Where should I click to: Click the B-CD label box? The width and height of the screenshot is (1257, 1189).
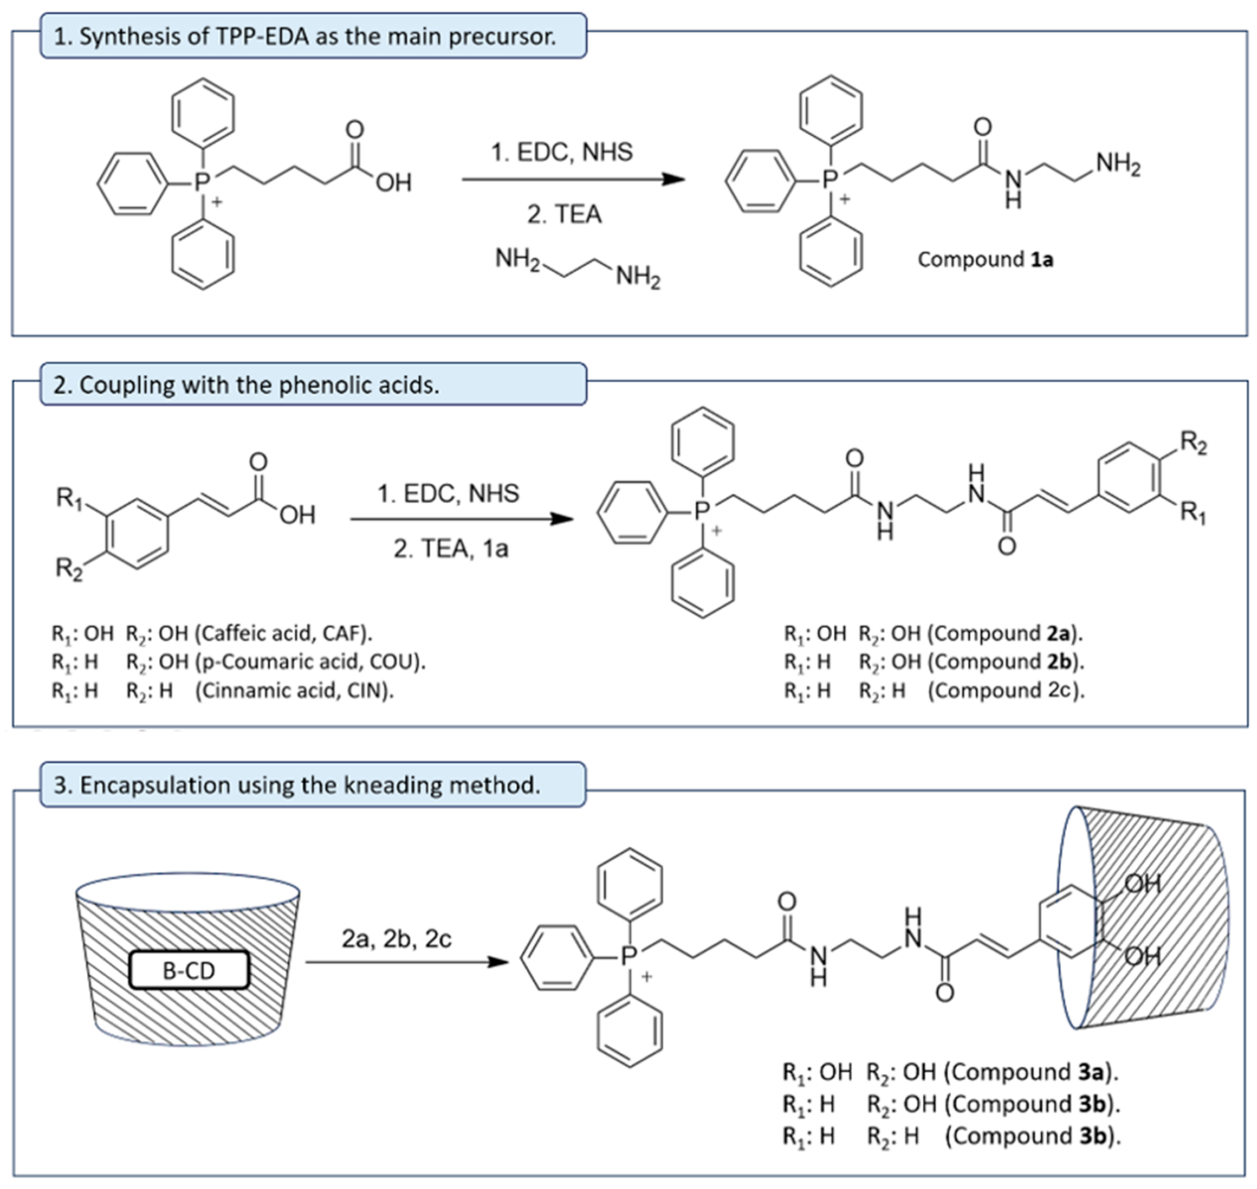pyautogui.click(x=189, y=970)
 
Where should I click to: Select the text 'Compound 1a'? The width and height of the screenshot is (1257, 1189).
pyautogui.click(x=985, y=259)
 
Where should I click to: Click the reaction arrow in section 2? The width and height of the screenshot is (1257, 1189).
pyautogui.click(x=461, y=519)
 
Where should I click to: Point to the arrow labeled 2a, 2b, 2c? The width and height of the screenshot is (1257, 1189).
pyautogui.click(x=406, y=962)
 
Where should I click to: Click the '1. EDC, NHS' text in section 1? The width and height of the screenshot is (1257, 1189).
pyautogui.click(x=562, y=152)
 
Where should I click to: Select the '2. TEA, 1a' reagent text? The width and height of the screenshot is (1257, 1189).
pyautogui.click(x=451, y=548)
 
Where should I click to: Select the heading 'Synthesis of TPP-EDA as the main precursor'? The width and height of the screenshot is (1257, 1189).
pyautogui.click(x=305, y=36)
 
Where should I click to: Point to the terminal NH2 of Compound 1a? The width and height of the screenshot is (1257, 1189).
pyautogui.click(x=1118, y=165)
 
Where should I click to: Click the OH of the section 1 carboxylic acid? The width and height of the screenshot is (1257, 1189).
pyautogui.click(x=394, y=183)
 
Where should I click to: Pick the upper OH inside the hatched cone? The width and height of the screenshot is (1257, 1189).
pyautogui.click(x=1143, y=884)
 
